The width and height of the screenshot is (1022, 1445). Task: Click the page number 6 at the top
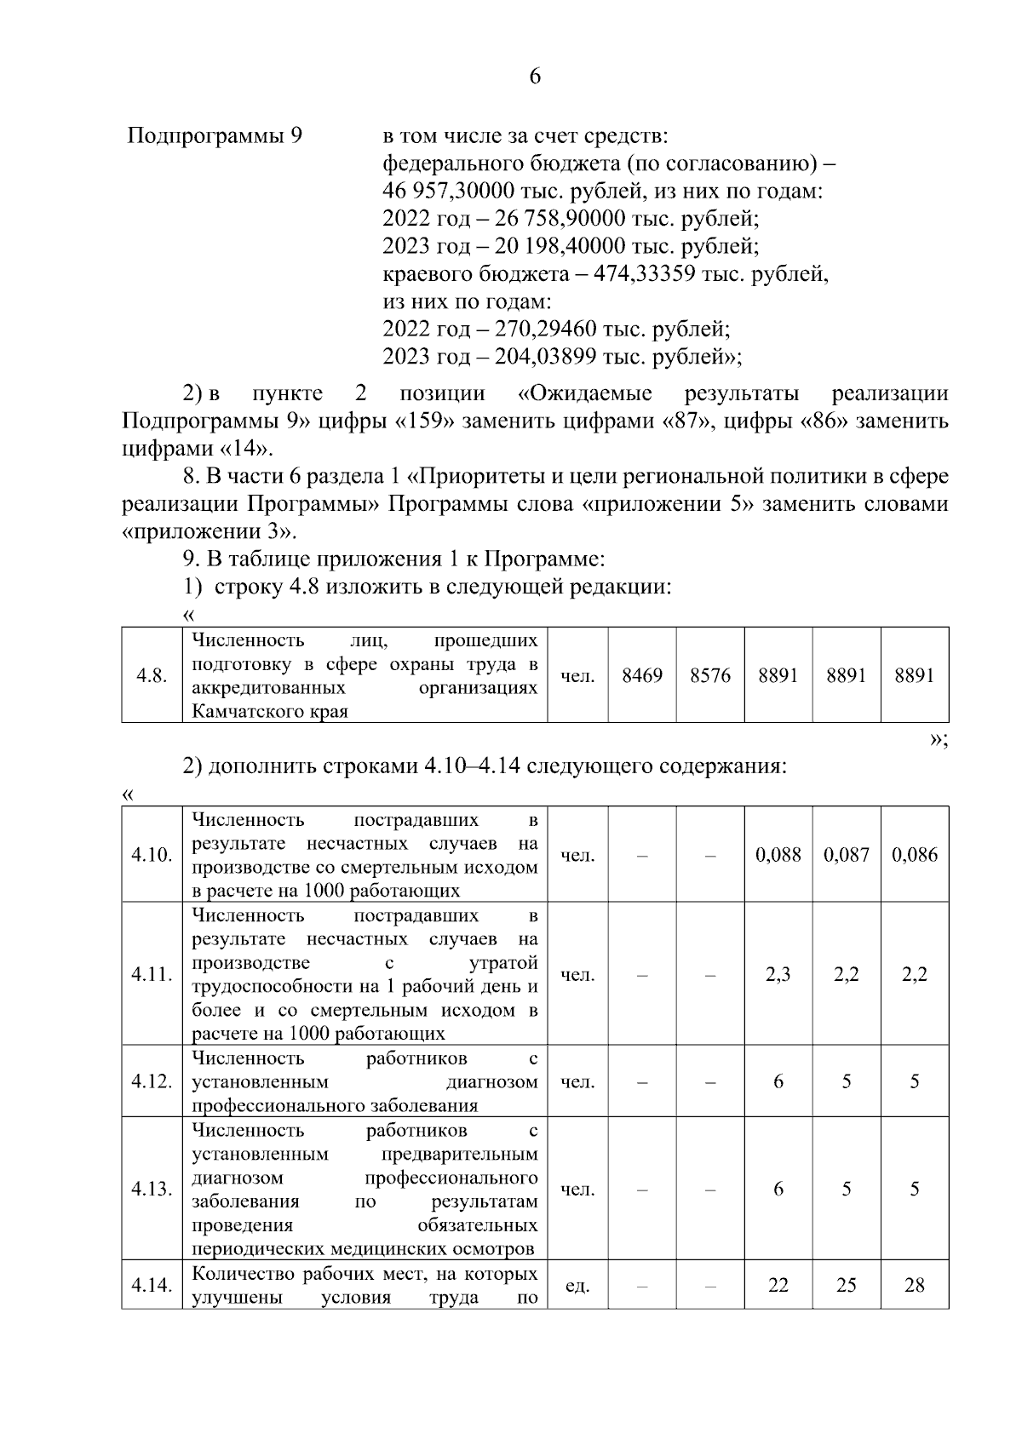tap(535, 77)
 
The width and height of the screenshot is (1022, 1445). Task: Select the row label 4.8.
tap(152, 676)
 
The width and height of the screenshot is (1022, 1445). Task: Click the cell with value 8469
tap(642, 676)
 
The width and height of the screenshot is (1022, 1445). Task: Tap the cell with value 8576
tap(710, 676)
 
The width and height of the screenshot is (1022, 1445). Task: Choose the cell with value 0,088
tap(778, 855)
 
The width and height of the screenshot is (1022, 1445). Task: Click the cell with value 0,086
tap(915, 855)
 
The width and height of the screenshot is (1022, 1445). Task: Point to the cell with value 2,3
tap(778, 975)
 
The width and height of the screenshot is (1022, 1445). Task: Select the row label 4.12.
tap(152, 1082)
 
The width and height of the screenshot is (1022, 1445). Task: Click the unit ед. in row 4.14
tap(577, 1287)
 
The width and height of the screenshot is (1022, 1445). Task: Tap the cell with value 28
tap(915, 1286)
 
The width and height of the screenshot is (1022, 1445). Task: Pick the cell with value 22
tap(778, 1286)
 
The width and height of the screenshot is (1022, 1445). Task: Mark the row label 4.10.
tap(152, 855)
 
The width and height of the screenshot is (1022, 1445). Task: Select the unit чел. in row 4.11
tap(577, 975)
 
